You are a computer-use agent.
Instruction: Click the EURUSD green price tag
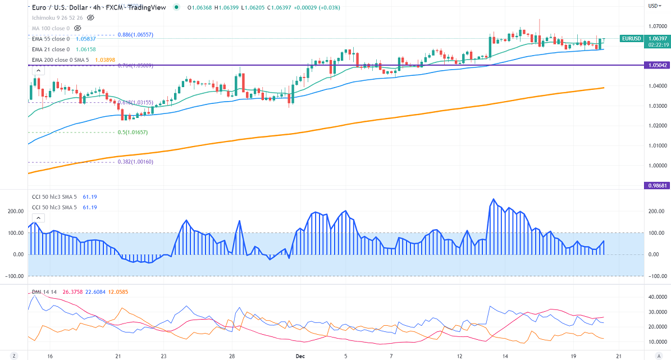point(631,38)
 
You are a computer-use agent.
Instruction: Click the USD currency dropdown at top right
point(654,6)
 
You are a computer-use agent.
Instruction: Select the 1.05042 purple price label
point(656,65)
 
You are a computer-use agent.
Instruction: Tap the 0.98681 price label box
point(656,185)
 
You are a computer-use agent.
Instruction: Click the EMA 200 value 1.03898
point(106,60)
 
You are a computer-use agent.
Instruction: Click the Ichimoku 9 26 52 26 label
point(57,17)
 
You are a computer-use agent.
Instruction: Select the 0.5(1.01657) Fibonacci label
point(133,132)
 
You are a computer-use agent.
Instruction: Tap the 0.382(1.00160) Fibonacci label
point(135,162)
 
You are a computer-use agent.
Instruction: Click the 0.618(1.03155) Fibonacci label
point(135,102)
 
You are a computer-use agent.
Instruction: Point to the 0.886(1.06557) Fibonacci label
point(135,35)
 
